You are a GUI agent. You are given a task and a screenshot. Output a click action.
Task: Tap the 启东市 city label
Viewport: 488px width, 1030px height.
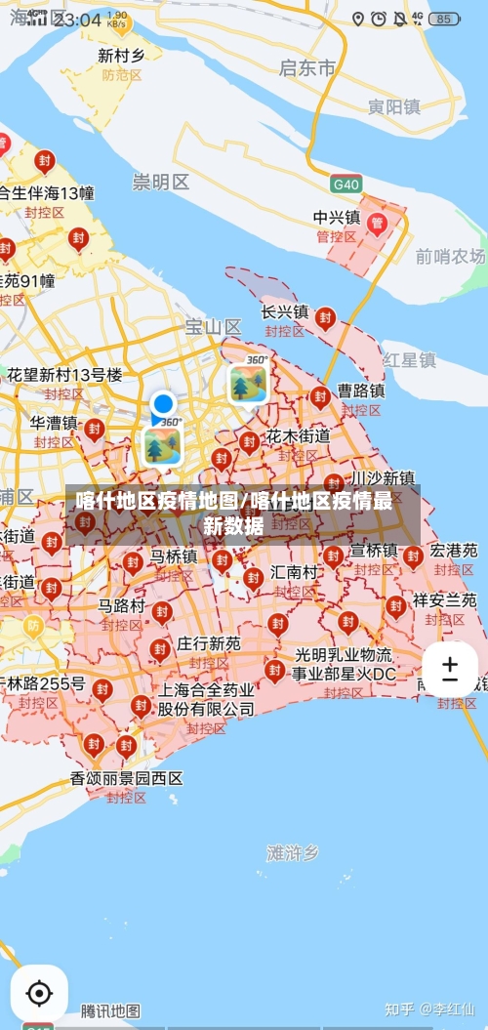307,67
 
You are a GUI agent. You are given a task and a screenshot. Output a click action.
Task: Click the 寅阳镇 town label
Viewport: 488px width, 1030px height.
394,106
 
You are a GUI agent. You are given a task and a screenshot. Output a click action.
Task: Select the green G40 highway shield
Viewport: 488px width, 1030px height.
346,184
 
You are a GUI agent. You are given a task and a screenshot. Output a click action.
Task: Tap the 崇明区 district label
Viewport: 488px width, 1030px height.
161,182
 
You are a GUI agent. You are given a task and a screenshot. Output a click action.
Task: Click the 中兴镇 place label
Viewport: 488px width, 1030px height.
337,217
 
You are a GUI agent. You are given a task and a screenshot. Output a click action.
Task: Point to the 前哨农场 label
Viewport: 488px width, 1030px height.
450,256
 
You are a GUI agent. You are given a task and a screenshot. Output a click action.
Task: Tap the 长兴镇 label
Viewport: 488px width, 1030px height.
285,311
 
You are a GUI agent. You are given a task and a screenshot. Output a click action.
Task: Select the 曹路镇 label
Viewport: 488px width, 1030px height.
361,390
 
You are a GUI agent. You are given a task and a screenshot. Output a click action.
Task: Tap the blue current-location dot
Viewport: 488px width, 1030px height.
163,403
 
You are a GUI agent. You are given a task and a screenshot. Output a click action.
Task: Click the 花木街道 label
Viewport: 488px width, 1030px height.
298,435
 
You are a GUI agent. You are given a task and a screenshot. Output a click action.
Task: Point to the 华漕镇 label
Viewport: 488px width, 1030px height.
54,423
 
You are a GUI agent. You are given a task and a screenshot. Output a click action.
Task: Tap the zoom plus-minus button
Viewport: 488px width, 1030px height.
450,670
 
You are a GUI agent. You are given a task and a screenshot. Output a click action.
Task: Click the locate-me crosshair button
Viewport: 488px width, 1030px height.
39,994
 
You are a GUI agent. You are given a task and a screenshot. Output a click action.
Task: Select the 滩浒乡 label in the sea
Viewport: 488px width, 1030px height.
292,852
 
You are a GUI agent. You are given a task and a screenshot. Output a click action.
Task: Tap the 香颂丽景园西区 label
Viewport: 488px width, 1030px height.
126,778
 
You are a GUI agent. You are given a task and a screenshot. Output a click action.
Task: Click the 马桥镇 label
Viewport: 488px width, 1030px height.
174,556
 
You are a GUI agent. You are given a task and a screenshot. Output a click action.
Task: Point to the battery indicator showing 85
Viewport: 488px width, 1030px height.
444,19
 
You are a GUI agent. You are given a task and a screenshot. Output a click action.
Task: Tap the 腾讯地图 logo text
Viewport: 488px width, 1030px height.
110,1010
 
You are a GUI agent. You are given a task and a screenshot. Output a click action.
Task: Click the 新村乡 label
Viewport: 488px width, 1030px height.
122,56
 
